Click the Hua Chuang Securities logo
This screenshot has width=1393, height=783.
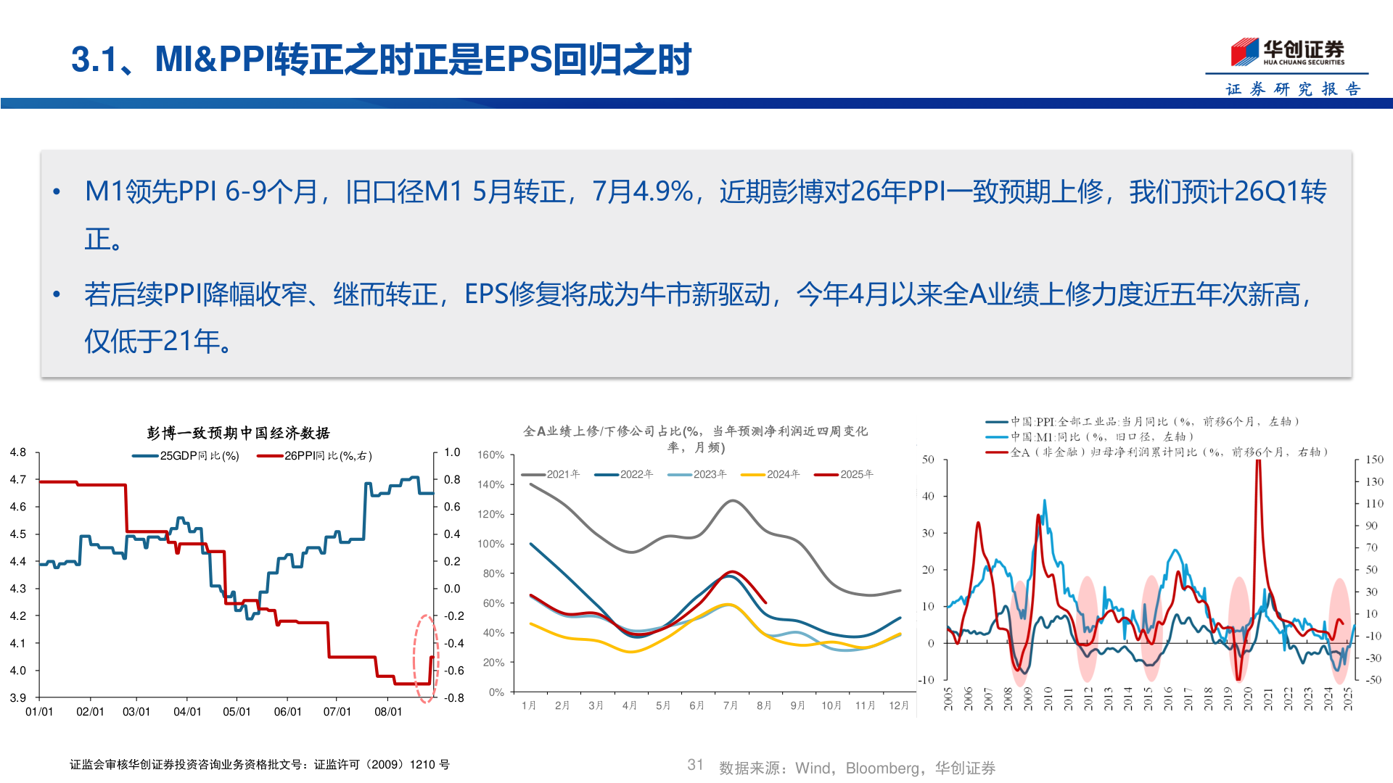[x=1287, y=52]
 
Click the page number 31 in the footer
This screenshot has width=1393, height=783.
[x=695, y=765]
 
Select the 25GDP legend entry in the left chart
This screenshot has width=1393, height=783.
[x=186, y=456]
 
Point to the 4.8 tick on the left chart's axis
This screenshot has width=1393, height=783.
[x=18, y=452]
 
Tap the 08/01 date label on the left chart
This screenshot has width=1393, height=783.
[x=388, y=712]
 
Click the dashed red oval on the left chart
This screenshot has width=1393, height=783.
[x=426, y=658]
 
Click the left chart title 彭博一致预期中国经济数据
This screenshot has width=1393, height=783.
[x=238, y=433]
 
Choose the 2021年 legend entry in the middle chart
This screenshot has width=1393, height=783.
[x=551, y=474]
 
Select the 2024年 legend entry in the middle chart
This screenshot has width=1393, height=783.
[x=771, y=474]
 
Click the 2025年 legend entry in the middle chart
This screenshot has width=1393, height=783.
[x=845, y=474]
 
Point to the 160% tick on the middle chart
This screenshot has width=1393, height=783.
[x=491, y=455]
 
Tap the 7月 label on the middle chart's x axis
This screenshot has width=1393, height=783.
[x=730, y=705]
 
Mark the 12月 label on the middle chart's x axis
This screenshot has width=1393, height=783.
[x=898, y=705]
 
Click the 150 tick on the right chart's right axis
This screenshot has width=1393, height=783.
[x=1374, y=460]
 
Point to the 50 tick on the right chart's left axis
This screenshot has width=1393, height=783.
[x=928, y=460]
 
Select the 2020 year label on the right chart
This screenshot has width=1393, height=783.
[x=1248, y=699]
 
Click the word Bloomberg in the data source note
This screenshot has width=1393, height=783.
[x=882, y=768]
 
